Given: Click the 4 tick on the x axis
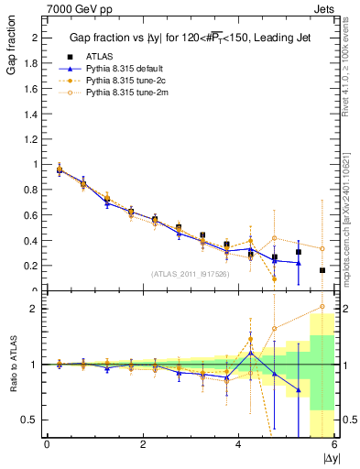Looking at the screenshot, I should pos(239,444).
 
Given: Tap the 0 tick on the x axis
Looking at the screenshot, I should pos(47,444).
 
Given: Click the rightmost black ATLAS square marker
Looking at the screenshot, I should pos(322,270).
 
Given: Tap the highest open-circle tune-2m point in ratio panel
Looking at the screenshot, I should pos(322,307).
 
